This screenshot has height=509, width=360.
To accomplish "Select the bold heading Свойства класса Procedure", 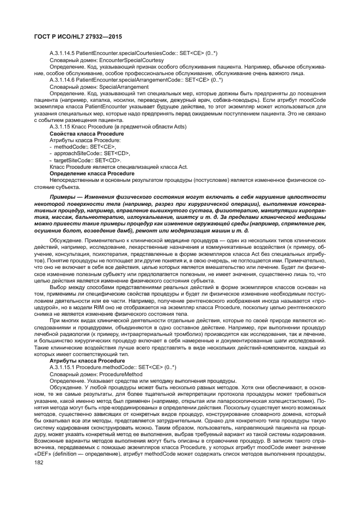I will pyautogui.click(x=84, y=133).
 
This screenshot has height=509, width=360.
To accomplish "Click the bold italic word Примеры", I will pyautogui.click(x=65, y=196).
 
